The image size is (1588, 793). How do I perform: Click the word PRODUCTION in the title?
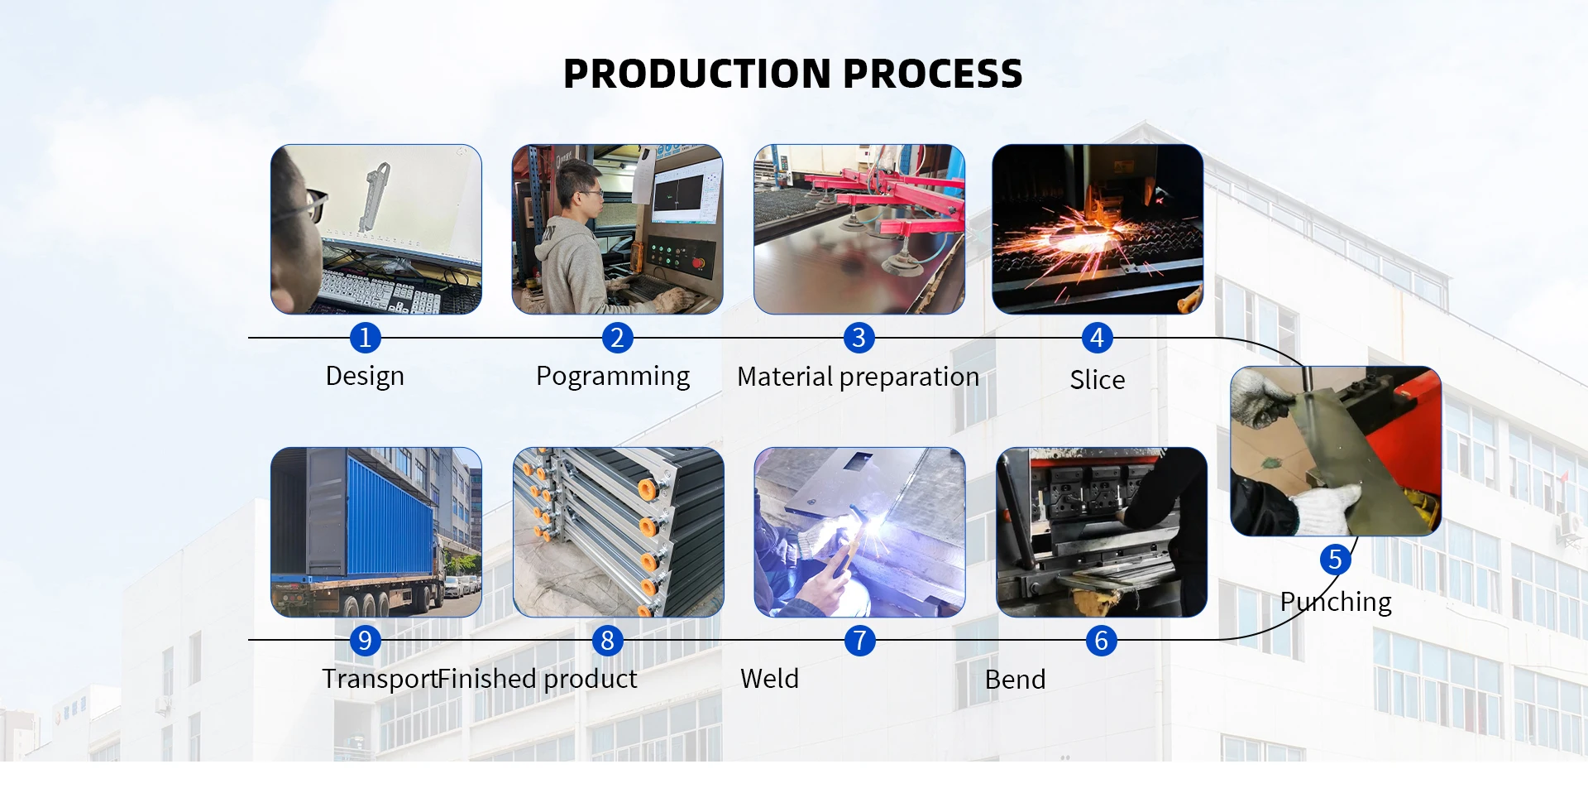(x=696, y=74)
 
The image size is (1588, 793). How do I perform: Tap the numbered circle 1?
(x=365, y=338)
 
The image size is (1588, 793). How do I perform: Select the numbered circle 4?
(x=1097, y=338)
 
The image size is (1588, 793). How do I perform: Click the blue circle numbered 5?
(x=1335, y=560)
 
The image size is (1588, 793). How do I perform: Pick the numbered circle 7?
(x=859, y=641)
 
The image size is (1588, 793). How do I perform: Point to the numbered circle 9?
(x=365, y=641)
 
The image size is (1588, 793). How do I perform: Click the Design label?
(x=365, y=377)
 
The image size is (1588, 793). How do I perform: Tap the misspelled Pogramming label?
(x=613, y=377)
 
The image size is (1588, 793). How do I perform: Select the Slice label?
(x=1098, y=380)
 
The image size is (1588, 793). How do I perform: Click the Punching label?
(x=1336, y=602)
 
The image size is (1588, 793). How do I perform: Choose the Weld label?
(x=769, y=679)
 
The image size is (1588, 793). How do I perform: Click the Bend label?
(x=1015, y=680)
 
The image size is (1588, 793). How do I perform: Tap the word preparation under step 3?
(x=909, y=377)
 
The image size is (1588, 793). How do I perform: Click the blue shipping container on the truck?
(x=389, y=515)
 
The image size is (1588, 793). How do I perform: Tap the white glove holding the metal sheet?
(x=1327, y=507)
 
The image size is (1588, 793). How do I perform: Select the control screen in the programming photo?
(x=684, y=192)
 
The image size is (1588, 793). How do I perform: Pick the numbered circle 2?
(x=617, y=338)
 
